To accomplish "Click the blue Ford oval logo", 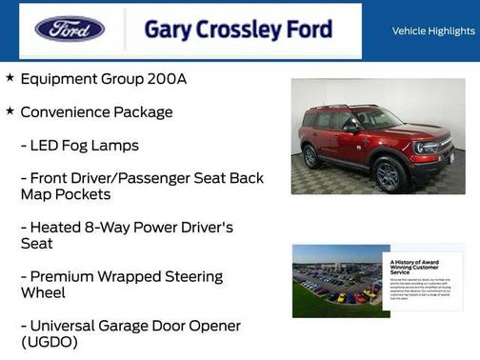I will click(x=70, y=30).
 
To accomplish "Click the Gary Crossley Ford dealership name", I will click(x=238, y=30).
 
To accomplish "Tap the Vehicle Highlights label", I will click(x=433, y=31).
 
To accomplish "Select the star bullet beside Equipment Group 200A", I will click(x=10, y=77).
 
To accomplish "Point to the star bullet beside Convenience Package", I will click(x=10, y=111).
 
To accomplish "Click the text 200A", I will click(x=168, y=78).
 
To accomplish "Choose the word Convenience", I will click(x=65, y=112).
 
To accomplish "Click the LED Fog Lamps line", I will click(x=84, y=146).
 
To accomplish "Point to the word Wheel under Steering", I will click(x=43, y=293).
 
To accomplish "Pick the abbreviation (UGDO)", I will click(x=50, y=342).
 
